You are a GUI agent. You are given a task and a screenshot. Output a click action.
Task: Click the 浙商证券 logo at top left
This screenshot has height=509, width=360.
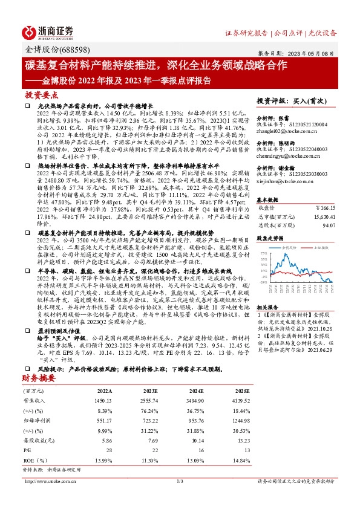[49, 31]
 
